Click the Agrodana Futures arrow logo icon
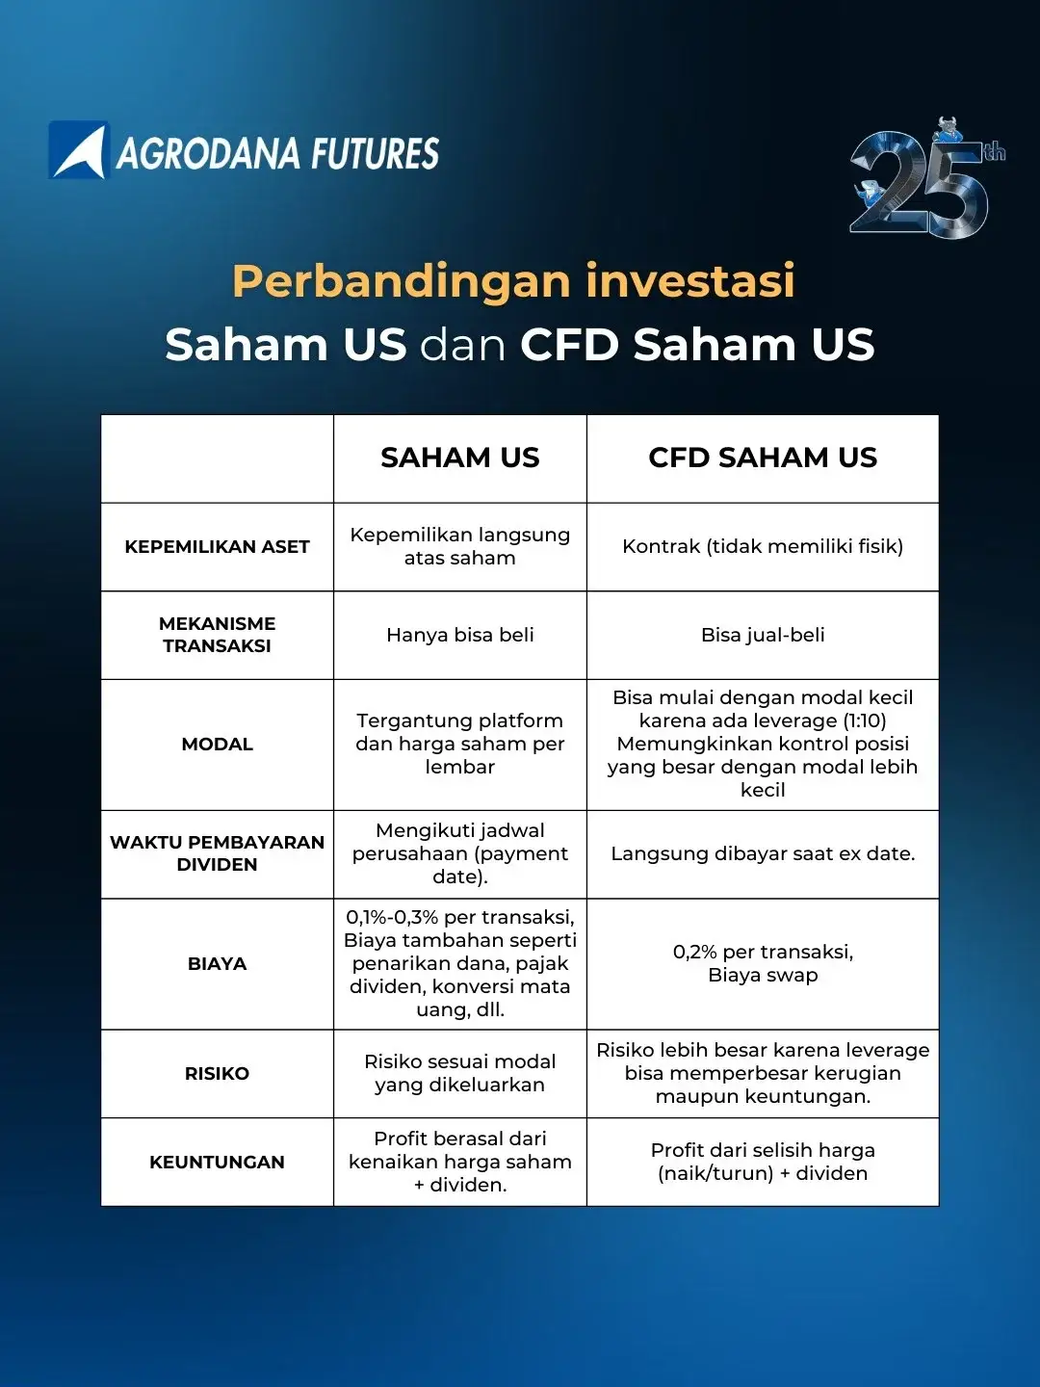(x=79, y=149)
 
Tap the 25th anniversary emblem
(x=925, y=178)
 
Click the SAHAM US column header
(x=459, y=458)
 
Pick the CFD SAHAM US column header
(x=763, y=458)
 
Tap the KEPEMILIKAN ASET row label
(x=218, y=546)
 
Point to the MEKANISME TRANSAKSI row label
(x=218, y=635)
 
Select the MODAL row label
(x=218, y=745)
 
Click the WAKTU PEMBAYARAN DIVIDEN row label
(x=218, y=853)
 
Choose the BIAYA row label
(x=218, y=963)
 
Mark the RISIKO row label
(x=218, y=1073)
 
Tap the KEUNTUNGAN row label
(x=218, y=1162)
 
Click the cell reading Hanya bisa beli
(x=459, y=635)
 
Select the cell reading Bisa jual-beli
(x=763, y=635)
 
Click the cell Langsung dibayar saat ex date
(x=763, y=853)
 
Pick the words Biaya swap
(x=763, y=975)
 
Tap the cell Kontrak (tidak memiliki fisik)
(x=763, y=546)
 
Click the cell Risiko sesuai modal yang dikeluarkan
(x=459, y=1073)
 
